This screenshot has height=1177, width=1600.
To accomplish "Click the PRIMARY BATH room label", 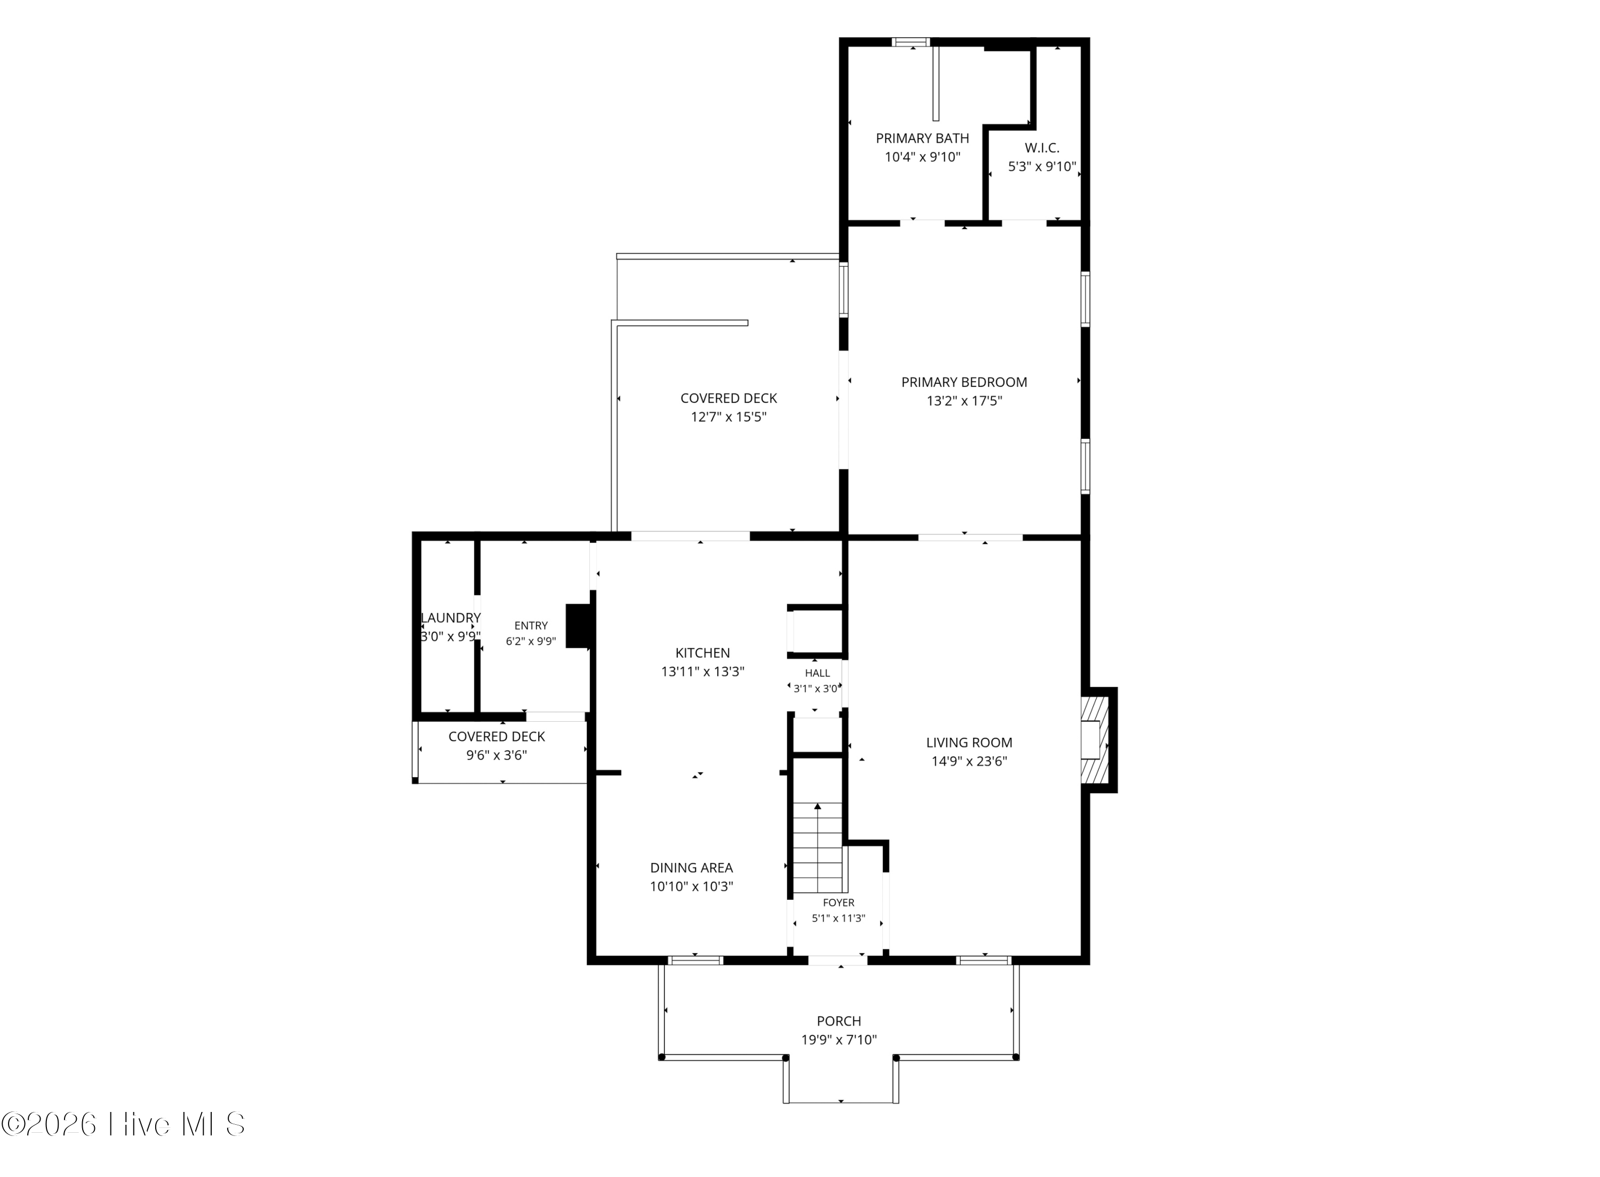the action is (922, 138).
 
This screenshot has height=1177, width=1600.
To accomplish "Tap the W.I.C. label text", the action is (1042, 148).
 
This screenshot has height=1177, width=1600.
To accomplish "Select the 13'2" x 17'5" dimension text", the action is (964, 400).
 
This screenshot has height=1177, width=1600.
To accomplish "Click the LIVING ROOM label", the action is (969, 743).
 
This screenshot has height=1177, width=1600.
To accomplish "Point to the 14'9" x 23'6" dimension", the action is (969, 761).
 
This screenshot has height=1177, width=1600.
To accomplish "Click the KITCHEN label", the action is (703, 652).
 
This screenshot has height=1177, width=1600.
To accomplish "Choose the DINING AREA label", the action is (691, 868).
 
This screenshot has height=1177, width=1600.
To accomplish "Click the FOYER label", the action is (839, 902).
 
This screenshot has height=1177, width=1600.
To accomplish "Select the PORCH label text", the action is (839, 1021).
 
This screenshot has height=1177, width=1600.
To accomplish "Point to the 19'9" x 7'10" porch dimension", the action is (839, 1039).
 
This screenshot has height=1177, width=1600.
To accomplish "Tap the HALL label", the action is (818, 673).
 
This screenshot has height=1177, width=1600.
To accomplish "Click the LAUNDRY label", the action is (451, 618).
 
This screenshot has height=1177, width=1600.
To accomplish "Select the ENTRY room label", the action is (531, 626).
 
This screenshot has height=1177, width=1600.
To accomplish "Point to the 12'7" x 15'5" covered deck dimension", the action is (729, 417).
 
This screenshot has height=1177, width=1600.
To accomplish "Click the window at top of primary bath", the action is (911, 42).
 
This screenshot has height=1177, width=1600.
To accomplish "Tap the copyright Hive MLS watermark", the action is (123, 1125).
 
